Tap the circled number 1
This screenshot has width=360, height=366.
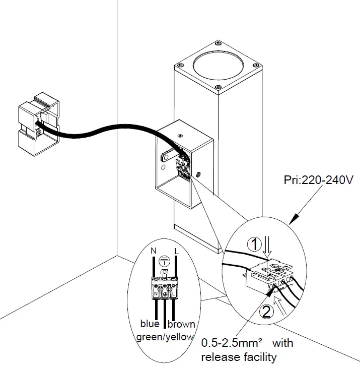(257, 245)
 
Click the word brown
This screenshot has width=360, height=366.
(182, 324)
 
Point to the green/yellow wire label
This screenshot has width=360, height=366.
(165, 337)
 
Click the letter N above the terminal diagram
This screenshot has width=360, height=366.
(155, 251)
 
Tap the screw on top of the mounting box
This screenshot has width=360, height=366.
(180, 135)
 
